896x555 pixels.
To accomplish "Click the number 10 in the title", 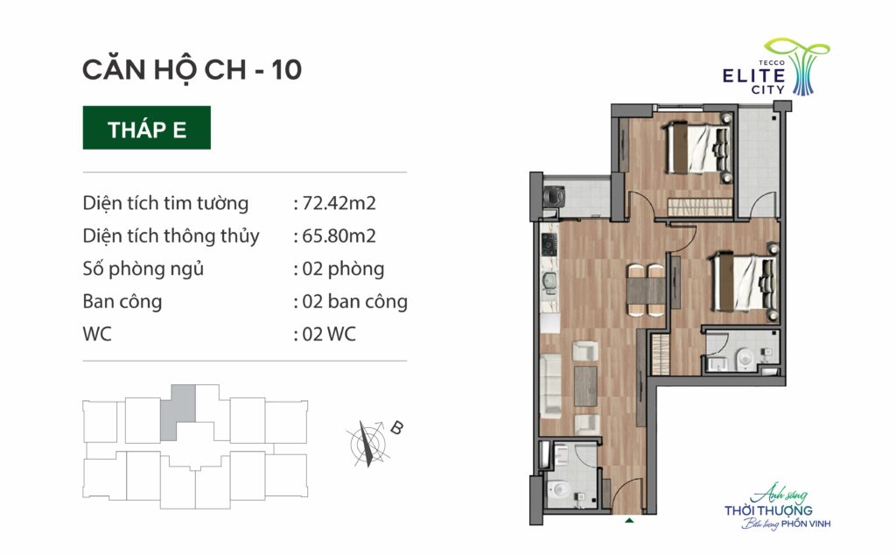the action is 286,70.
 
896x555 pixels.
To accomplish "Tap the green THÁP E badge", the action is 147,128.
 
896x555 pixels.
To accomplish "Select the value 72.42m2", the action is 339,203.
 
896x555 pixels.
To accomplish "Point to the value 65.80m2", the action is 339,235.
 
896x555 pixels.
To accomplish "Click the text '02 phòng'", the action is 343,270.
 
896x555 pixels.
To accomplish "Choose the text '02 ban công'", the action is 354,301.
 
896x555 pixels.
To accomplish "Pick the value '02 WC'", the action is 329,334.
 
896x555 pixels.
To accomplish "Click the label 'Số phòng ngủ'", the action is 143,270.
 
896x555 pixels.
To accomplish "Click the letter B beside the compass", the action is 396,427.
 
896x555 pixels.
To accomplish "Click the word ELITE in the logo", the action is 753,75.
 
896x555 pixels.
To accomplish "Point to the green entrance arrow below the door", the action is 629,521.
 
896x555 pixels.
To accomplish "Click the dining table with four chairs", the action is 647,290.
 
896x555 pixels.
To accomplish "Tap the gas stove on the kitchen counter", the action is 549,244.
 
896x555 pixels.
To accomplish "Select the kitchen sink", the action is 549,282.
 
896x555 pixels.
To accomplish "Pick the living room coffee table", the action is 585,386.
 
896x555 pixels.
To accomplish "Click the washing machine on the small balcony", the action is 553,196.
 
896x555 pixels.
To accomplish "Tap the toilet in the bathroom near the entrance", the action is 558,490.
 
